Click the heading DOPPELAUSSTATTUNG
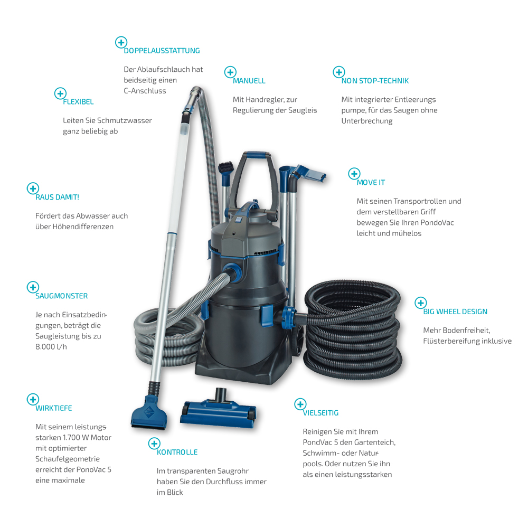[162, 51]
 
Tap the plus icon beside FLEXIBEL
[60, 93]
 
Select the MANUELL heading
[249, 81]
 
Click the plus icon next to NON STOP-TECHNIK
[339, 72]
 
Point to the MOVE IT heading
[371, 183]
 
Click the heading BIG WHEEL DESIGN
[455, 312]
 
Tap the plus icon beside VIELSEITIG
[300, 404]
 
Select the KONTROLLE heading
[177, 452]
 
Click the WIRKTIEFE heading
[54, 408]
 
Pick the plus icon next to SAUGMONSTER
[33, 287]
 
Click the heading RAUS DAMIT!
[57, 197]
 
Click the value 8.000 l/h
[51, 347]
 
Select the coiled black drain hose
[353, 330]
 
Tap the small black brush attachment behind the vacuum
[225, 168]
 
